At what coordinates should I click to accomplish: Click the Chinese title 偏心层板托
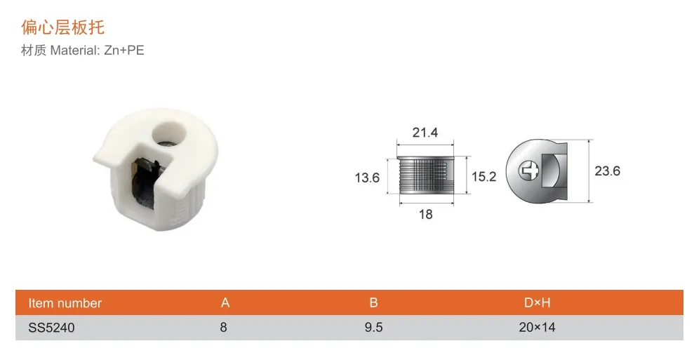63,27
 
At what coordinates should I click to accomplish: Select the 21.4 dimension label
425,132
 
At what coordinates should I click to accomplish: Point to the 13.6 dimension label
366,178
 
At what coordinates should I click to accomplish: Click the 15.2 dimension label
483,177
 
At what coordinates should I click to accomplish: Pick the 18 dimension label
425,215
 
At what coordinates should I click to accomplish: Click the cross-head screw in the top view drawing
527,171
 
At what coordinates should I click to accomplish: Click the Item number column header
65,303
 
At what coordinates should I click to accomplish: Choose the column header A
225,303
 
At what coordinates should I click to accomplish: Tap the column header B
373,303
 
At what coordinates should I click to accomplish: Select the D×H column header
537,303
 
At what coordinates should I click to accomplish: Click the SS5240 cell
51,328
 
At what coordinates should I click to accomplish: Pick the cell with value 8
224,328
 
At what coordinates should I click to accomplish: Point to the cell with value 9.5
374,328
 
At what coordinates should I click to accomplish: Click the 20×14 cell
537,328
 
